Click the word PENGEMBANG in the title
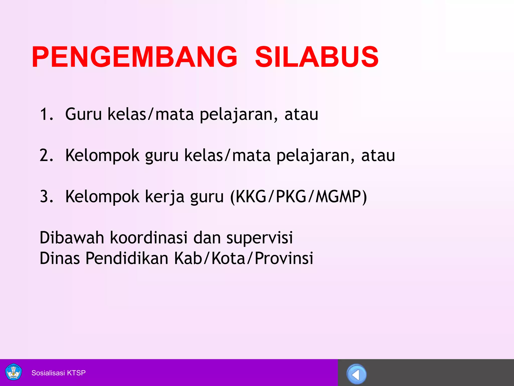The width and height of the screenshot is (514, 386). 134,57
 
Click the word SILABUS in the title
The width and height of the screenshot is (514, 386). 316,57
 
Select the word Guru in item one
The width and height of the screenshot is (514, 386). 83,114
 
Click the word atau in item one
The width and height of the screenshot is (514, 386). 301,114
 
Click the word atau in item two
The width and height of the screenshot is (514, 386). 378,155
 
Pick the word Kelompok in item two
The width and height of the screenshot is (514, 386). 102,156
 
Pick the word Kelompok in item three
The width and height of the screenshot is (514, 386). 102,197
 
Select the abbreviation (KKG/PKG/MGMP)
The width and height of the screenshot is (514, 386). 299,197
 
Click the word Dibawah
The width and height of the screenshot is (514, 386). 72,237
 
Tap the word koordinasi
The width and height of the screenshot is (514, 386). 149,237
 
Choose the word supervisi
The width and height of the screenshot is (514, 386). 260,238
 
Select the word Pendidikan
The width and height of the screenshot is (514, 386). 127,258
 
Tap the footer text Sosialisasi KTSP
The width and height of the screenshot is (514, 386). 58,373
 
